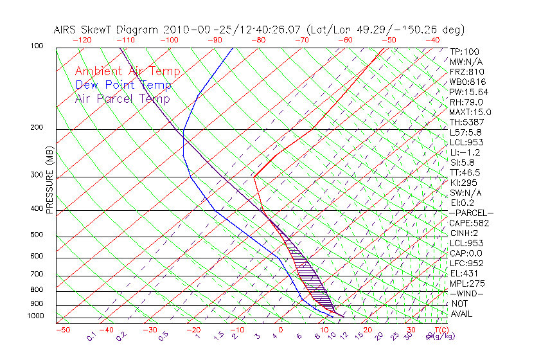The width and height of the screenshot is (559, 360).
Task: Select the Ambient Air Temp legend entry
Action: (x=127, y=71)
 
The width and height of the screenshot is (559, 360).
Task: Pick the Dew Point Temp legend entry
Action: (x=123, y=85)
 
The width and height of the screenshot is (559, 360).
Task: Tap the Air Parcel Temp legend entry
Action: (x=122, y=98)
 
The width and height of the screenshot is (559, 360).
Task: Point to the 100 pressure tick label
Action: (x=37, y=46)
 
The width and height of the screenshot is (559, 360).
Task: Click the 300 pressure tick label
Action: (x=37, y=175)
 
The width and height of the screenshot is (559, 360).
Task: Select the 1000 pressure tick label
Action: (x=35, y=316)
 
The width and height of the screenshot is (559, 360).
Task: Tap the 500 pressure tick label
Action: (x=37, y=235)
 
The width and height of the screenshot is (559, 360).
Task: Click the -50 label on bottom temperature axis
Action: (x=62, y=330)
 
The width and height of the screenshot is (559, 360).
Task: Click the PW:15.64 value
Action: (x=468, y=92)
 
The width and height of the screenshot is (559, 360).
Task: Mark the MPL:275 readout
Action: (x=467, y=283)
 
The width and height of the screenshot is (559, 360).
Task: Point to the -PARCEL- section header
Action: (x=471, y=213)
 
